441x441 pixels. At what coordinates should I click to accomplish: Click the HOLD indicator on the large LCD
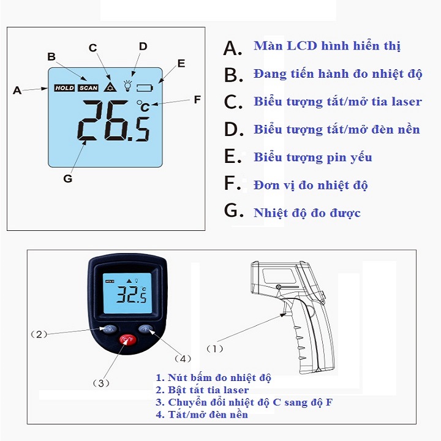tap(64, 88)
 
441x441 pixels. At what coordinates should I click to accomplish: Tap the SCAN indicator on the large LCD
tap(88, 88)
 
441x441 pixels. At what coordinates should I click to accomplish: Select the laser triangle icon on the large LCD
tap(110, 87)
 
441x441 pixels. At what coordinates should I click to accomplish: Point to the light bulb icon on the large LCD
tap(127, 86)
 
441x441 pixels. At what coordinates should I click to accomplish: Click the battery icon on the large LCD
tap(145, 88)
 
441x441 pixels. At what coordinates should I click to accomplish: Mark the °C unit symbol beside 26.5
tap(143, 106)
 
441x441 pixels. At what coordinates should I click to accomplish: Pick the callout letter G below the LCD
tap(68, 179)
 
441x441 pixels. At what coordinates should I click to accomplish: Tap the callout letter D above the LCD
tap(143, 47)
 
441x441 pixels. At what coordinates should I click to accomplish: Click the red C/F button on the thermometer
tap(128, 340)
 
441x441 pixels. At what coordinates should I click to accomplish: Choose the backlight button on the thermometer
tap(145, 328)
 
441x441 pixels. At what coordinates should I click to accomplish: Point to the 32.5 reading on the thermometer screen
tap(132, 295)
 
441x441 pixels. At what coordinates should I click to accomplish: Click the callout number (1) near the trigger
tap(215, 349)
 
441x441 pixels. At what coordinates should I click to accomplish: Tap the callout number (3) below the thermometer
tap(101, 383)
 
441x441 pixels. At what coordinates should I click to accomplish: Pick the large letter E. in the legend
tap(233, 156)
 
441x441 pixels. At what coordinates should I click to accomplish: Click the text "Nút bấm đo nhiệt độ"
tap(219, 378)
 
